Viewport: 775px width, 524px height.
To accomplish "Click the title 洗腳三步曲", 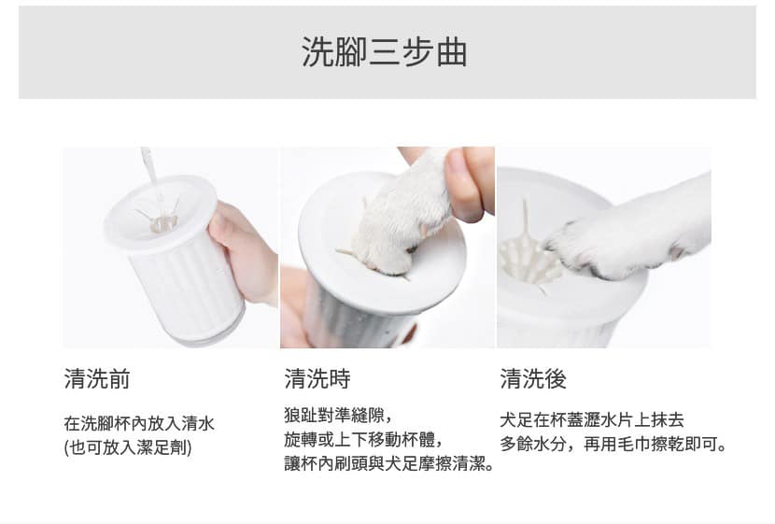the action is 385,52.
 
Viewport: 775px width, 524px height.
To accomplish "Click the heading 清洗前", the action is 97,379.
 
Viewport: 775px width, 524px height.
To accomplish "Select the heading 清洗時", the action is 317,379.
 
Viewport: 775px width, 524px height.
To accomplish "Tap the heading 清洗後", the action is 533,379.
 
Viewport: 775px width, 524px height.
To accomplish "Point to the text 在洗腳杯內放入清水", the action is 139,424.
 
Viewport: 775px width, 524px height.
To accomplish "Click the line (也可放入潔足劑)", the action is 128,447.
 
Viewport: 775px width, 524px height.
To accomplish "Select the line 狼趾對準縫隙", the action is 338,416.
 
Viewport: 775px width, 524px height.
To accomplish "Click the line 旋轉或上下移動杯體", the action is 363,439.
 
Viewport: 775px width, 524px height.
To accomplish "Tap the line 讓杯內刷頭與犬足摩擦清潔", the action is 389,463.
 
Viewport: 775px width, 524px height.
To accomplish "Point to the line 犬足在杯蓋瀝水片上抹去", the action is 592,419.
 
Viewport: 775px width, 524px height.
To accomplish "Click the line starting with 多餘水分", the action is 613,444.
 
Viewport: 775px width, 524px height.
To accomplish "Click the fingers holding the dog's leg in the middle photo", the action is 467,183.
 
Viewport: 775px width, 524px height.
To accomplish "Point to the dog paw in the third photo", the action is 627,233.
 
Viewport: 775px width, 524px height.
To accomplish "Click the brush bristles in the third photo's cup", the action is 528,257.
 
